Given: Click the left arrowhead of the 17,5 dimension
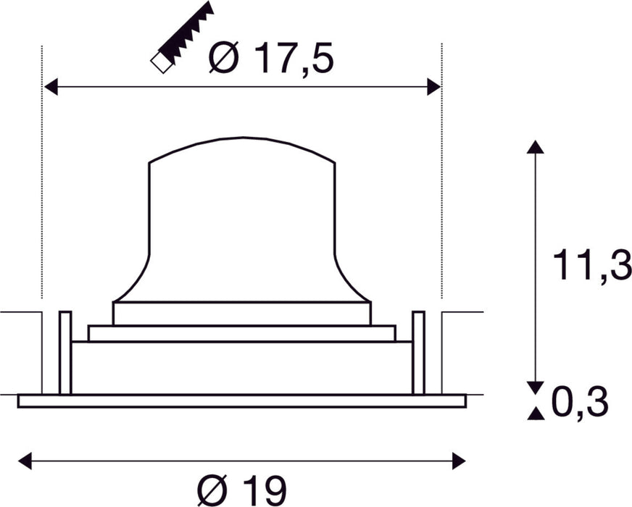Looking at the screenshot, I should [51, 87].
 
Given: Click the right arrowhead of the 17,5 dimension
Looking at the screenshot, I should [433, 87].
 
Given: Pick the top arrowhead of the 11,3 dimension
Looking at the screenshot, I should [535, 147].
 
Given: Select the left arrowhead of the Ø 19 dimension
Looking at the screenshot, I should [25, 459].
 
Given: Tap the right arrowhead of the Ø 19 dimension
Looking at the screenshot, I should [458, 459].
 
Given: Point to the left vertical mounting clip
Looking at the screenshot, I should [65, 353].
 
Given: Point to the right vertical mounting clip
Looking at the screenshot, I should [418, 353].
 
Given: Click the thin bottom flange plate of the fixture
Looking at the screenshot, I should [241, 401].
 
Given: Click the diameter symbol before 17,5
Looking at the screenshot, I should [223, 58].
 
